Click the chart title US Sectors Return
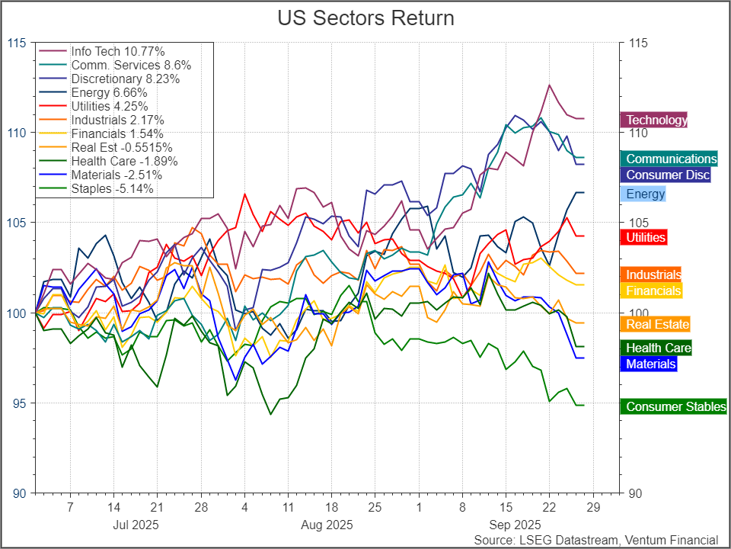365,18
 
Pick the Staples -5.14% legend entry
112,188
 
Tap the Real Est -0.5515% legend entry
122,147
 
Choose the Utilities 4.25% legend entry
109,106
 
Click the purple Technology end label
654,120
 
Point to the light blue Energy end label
645,194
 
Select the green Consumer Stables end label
675,406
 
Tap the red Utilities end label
645,237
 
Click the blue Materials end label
650,364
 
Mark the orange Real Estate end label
658,324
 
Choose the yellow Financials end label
653,291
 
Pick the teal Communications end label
671,159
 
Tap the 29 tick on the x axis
594,507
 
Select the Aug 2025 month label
326,525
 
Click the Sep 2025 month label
515,525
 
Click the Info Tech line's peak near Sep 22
549,85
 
